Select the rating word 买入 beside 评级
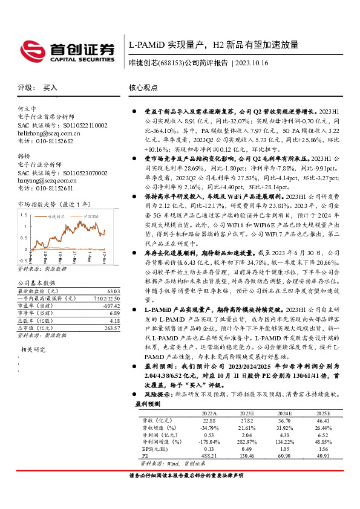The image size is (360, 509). pos(50,88)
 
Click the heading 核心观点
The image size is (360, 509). pos(143,88)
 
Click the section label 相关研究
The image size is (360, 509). pos(33,350)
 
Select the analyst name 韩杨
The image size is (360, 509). pos(25,155)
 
